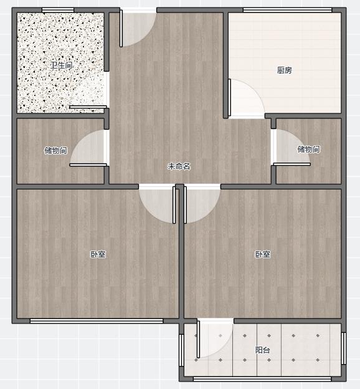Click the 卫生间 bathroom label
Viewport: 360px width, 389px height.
pyautogui.click(x=61, y=65)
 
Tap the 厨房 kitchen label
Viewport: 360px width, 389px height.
pyautogui.click(x=285, y=70)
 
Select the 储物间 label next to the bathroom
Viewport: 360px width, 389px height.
pyautogui.click(x=55, y=150)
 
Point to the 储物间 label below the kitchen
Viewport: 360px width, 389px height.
pyautogui.click(x=308, y=150)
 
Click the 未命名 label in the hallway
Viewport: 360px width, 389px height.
pyautogui.click(x=179, y=166)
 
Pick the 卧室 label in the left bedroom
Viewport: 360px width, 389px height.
pyautogui.click(x=98, y=254)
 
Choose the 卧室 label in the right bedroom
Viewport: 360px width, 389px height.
pyautogui.click(x=263, y=254)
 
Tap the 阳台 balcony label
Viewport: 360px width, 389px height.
pyautogui.click(x=263, y=350)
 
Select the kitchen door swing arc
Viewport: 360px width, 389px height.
pyautogui.click(x=246, y=98)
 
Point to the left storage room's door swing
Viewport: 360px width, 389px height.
pyautogui.click(x=88, y=148)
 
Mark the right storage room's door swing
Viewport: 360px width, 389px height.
pyautogui.click(x=292, y=147)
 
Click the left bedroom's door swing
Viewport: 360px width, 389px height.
pyautogui.click(x=157, y=204)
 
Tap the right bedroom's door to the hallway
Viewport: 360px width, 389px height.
pyautogui.click(x=202, y=204)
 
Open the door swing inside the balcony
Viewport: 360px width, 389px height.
pyautogui.click(x=215, y=339)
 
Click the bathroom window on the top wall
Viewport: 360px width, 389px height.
pyautogui.click(x=58, y=10)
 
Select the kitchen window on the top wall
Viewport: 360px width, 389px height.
pyautogui.click(x=287, y=10)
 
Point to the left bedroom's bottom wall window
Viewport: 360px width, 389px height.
pyautogui.click(x=97, y=321)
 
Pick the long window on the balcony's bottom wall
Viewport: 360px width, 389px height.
pyautogui.click(x=262, y=379)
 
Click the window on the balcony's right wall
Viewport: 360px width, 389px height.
pyautogui.click(x=344, y=348)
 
